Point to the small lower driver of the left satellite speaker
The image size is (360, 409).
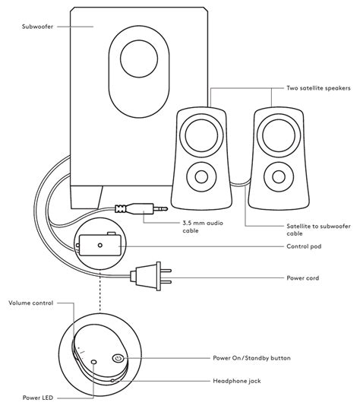click(x=201, y=177)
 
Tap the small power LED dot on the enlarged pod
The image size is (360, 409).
click(x=93, y=363)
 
